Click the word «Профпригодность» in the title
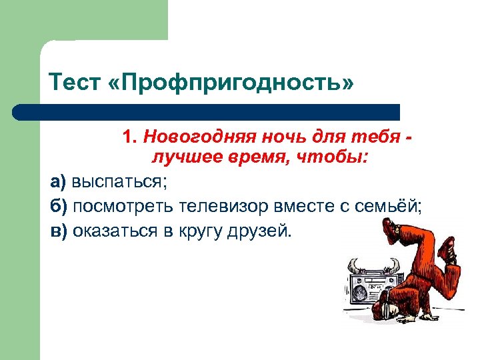tap(229, 83)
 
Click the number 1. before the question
tap(130, 137)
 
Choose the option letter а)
tap(59, 181)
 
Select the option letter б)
tap(59, 206)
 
